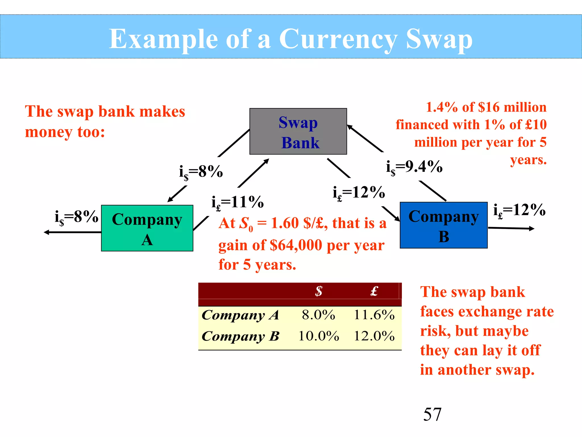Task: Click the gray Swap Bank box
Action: [x=298, y=131]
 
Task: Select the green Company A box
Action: [x=147, y=228]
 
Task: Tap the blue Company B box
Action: [x=444, y=225]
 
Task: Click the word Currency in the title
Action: [x=338, y=39]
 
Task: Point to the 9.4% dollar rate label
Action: [x=414, y=167]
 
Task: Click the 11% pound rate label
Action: [x=238, y=203]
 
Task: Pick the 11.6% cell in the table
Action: [x=374, y=315]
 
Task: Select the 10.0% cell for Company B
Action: [x=319, y=336]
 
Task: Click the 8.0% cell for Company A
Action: [x=319, y=315]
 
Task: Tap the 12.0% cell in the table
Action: [x=374, y=336]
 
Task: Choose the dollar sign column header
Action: [x=319, y=291]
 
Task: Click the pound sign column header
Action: [x=374, y=291]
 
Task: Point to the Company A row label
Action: [x=240, y=315]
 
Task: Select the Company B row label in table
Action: [x=240, y=336]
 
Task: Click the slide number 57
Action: [x=432, y=414]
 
